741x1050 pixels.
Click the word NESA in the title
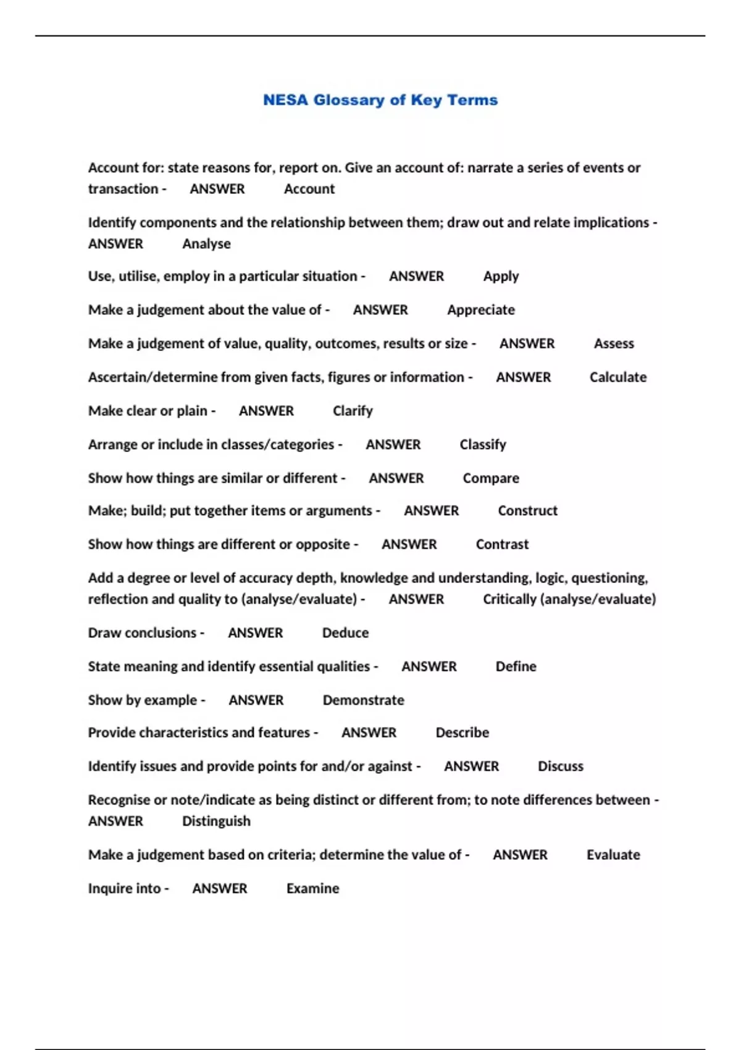[x=285, y=100]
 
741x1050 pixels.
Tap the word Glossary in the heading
[x=348, y=100]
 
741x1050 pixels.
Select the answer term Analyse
[x=206, y=244]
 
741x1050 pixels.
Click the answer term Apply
[x=501, y=277]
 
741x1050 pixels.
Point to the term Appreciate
[x=480, y=310]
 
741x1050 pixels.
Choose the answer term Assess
[x=614, y=343]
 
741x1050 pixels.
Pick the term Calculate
[x=618, y=377]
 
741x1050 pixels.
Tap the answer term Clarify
[x=353, y=411]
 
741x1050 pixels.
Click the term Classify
[x=482, y=445]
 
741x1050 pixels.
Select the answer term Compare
[x=491, y=478]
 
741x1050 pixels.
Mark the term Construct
[x=527, y=511]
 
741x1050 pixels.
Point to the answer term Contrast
[x=502, y=544]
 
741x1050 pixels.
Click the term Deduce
[x=345, y=633]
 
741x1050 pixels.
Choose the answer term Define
[x=516, y=666]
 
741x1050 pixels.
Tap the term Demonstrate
[x=363, y=700]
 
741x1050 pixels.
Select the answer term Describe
[x=462, y=733]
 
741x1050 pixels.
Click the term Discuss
[x=560, y=766]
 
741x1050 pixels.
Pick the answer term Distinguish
[x=216, y=821]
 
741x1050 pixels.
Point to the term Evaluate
[x=613, y=855]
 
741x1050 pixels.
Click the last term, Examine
[x=312, y=889]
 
